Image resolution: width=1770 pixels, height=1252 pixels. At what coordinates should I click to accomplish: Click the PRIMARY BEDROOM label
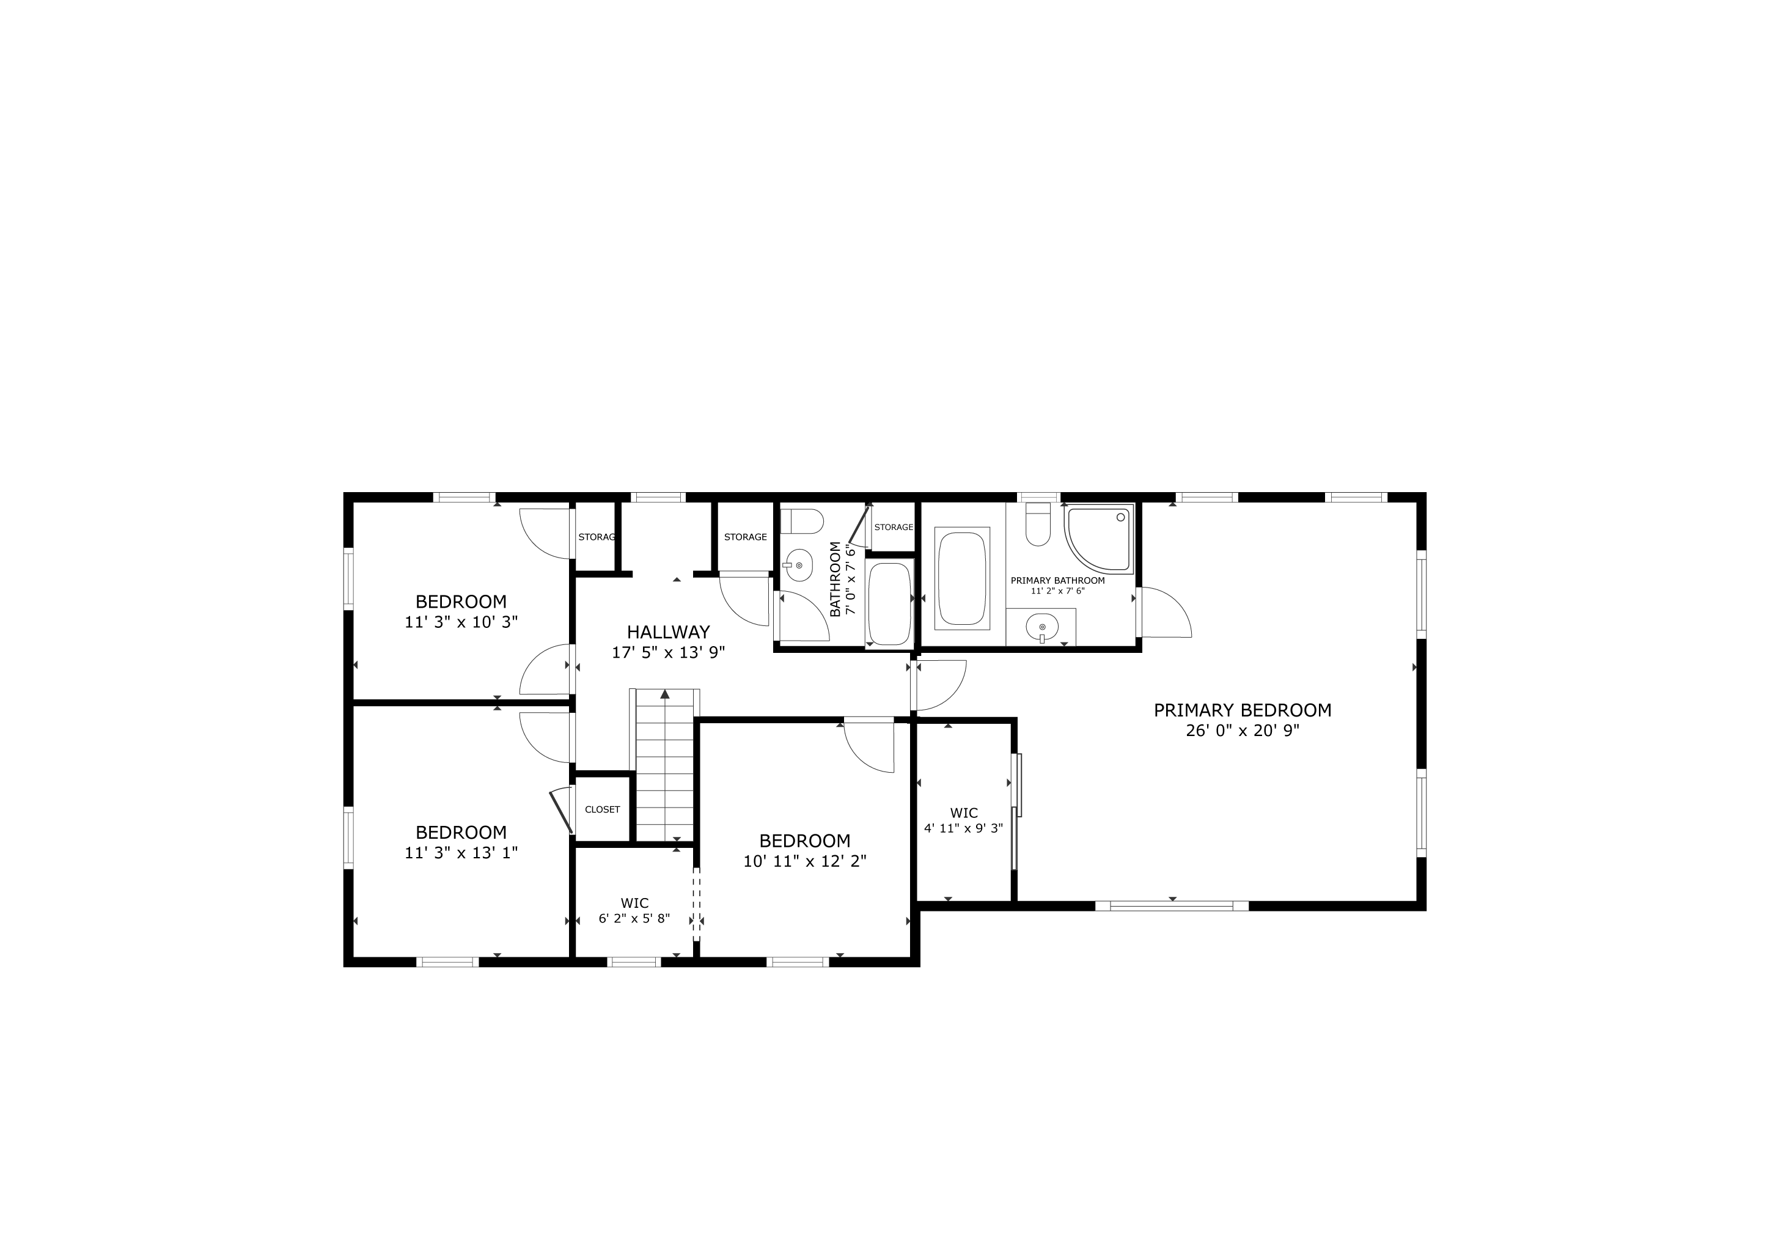tap(1242, 710)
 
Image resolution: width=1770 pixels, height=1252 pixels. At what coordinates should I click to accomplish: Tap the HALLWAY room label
tap(669, 632)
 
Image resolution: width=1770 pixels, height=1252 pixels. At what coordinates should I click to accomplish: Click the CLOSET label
tap(602, 809)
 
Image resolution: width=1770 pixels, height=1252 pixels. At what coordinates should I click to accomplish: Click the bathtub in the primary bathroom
tap(962, 578)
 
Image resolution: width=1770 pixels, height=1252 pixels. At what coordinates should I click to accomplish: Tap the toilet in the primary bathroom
tap(1038, 525)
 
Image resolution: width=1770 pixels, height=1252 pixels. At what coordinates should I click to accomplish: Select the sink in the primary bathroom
tap(1041, 627)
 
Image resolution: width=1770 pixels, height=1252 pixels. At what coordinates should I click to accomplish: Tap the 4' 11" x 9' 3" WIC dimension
tap(964, 828)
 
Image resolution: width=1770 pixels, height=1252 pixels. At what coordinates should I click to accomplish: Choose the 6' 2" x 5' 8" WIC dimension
tap(634, 918)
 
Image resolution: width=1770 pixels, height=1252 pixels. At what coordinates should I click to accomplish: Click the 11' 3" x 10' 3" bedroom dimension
tap(461, 622)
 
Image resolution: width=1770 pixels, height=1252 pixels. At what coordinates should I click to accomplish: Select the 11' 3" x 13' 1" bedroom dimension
tap(461, 853)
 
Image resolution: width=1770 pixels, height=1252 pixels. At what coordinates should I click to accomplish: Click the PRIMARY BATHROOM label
tap(1058, 581)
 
